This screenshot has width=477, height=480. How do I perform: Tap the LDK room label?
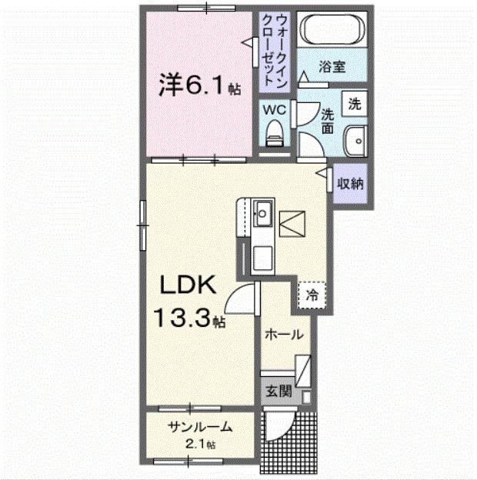point(189,286)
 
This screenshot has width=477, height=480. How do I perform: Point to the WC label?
point(275,110)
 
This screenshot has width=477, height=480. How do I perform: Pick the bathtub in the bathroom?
point(334,30)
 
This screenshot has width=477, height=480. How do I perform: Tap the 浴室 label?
point(333,67)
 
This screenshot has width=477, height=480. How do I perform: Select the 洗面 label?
point(327,120)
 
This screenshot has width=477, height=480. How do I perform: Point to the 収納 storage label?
point(351,184)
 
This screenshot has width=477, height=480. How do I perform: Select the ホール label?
point(283,335)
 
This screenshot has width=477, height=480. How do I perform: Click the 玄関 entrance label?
point(279,392)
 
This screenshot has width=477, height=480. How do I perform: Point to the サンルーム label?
point(199,428)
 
